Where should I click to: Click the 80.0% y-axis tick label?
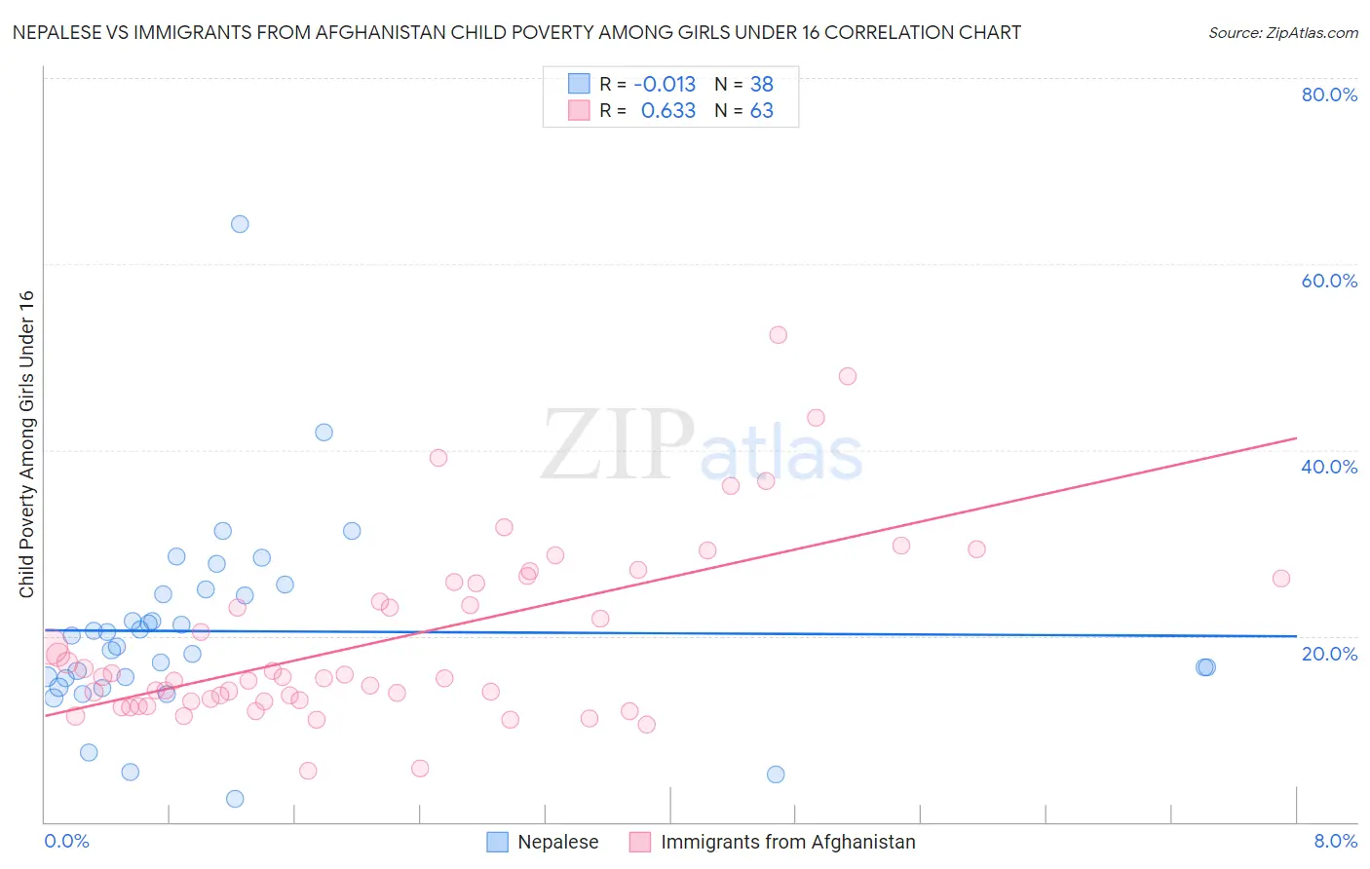[1329, 94]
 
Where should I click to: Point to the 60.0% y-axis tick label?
[1329, 281]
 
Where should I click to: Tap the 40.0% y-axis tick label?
[1329, 467]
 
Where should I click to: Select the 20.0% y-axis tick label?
[1329, 654]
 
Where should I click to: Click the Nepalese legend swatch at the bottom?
[497, 842]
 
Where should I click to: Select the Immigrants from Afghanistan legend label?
[787, 842]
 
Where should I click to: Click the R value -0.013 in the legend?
[665, 85]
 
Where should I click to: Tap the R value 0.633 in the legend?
[667, 111]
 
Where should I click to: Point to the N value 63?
[761, 111]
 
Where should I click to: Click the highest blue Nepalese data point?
[240, 224]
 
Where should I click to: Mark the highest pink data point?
[778, 335]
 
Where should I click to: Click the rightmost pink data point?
[1281, 579]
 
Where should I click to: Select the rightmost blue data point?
[1206, 667]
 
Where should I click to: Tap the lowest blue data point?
[235, 799]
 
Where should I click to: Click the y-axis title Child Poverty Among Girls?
[26, 444]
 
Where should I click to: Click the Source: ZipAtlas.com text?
[1282, 33]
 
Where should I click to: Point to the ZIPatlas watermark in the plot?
[702, 447]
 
